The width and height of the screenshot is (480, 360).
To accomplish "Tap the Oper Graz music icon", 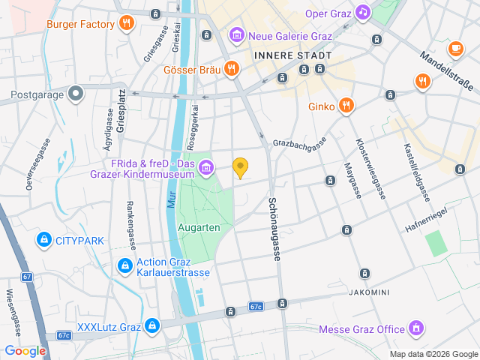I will pos(363,13).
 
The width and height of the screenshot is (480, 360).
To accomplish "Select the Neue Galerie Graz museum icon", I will pos(236,34).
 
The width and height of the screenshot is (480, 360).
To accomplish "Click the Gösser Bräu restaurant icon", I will pos(232,70).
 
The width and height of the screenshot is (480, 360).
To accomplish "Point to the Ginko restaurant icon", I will pos(346,106).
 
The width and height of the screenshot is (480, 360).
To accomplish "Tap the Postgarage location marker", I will pos(74,94).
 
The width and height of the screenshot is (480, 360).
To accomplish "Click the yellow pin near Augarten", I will pos(240,168).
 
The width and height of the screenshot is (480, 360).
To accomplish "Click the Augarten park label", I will pos(198,226).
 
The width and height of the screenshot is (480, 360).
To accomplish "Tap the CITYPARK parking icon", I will pos(43,240).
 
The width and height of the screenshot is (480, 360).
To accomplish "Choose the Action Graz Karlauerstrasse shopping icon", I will pos(124,266).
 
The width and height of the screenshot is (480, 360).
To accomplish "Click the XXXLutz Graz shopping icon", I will pos(152,326).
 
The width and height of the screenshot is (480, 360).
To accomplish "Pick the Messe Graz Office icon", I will pos(415,328).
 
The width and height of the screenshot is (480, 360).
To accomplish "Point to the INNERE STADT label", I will pos(292,55).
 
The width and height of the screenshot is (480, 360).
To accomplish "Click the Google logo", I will pos(25,351).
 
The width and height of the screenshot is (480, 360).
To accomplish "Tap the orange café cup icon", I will pos(454,48).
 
